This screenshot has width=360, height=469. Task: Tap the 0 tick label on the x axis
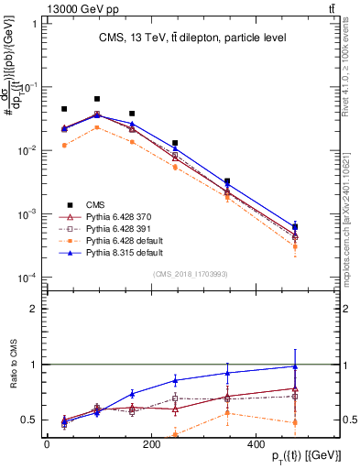(47, 444)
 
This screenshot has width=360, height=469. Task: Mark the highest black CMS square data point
(97, 99)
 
